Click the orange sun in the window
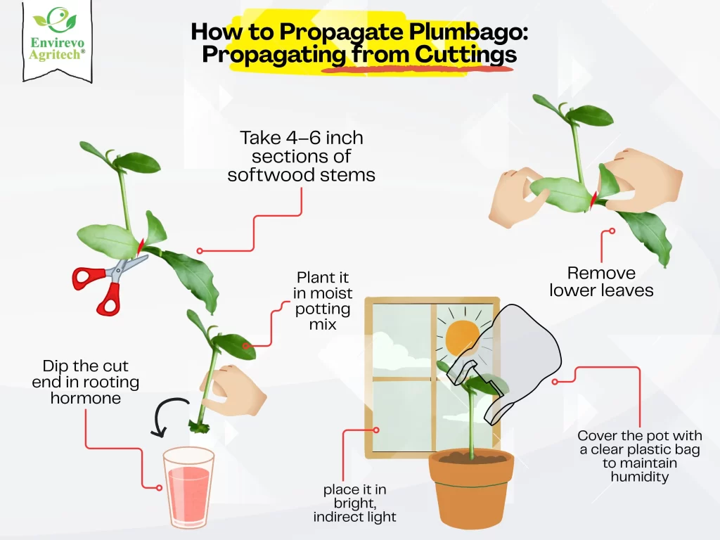(461, 337)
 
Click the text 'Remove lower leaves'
(601, 281)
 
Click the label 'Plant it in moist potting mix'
(323, 300)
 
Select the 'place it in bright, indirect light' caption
(355, 503)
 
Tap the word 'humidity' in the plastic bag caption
(639, 477)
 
